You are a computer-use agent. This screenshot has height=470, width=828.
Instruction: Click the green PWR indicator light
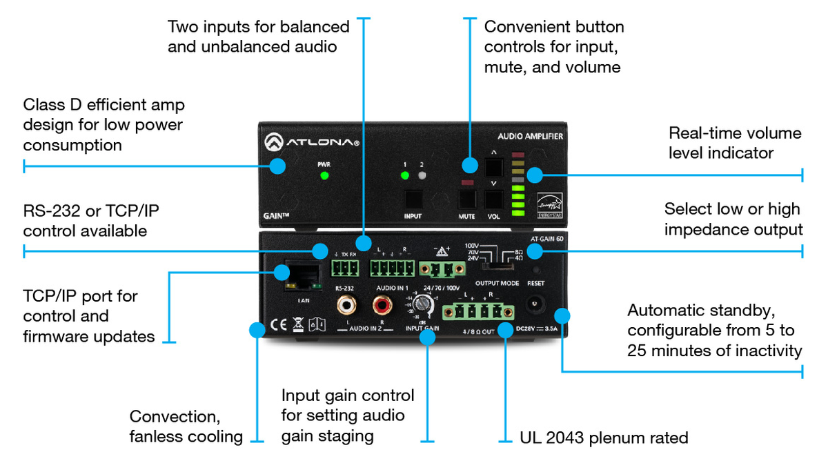click(324, 175)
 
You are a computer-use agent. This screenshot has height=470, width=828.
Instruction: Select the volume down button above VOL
click(494, 199)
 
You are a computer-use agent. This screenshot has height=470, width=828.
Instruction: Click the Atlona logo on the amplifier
click(310, 143)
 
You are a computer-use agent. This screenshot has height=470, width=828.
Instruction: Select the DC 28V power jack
click(536, 304)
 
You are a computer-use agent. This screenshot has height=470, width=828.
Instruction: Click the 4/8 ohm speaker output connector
click(477, 311)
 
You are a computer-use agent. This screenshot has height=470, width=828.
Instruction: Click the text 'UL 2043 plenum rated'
click(603, 437)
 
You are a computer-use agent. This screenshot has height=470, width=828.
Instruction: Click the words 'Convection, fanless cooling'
click(186, 426)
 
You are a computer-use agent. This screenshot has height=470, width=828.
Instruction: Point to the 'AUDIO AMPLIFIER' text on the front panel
click(530, 136)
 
